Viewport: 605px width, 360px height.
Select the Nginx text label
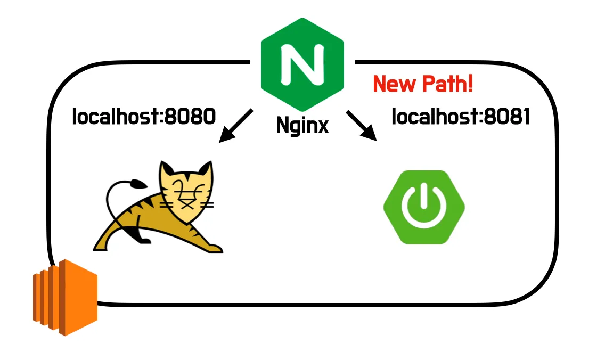click(x=302, y=125)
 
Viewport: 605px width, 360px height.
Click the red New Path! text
click(x=423, y=84)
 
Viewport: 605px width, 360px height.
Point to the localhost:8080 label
click(x=144, y=116)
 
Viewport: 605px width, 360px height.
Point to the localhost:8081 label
click(x=461, y=117)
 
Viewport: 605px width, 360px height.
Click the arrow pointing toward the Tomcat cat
click(x=236, y=126)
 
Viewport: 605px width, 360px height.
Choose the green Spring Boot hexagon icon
click(x=424, y=207)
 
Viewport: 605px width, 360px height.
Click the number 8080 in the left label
click(x=190, y=116)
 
